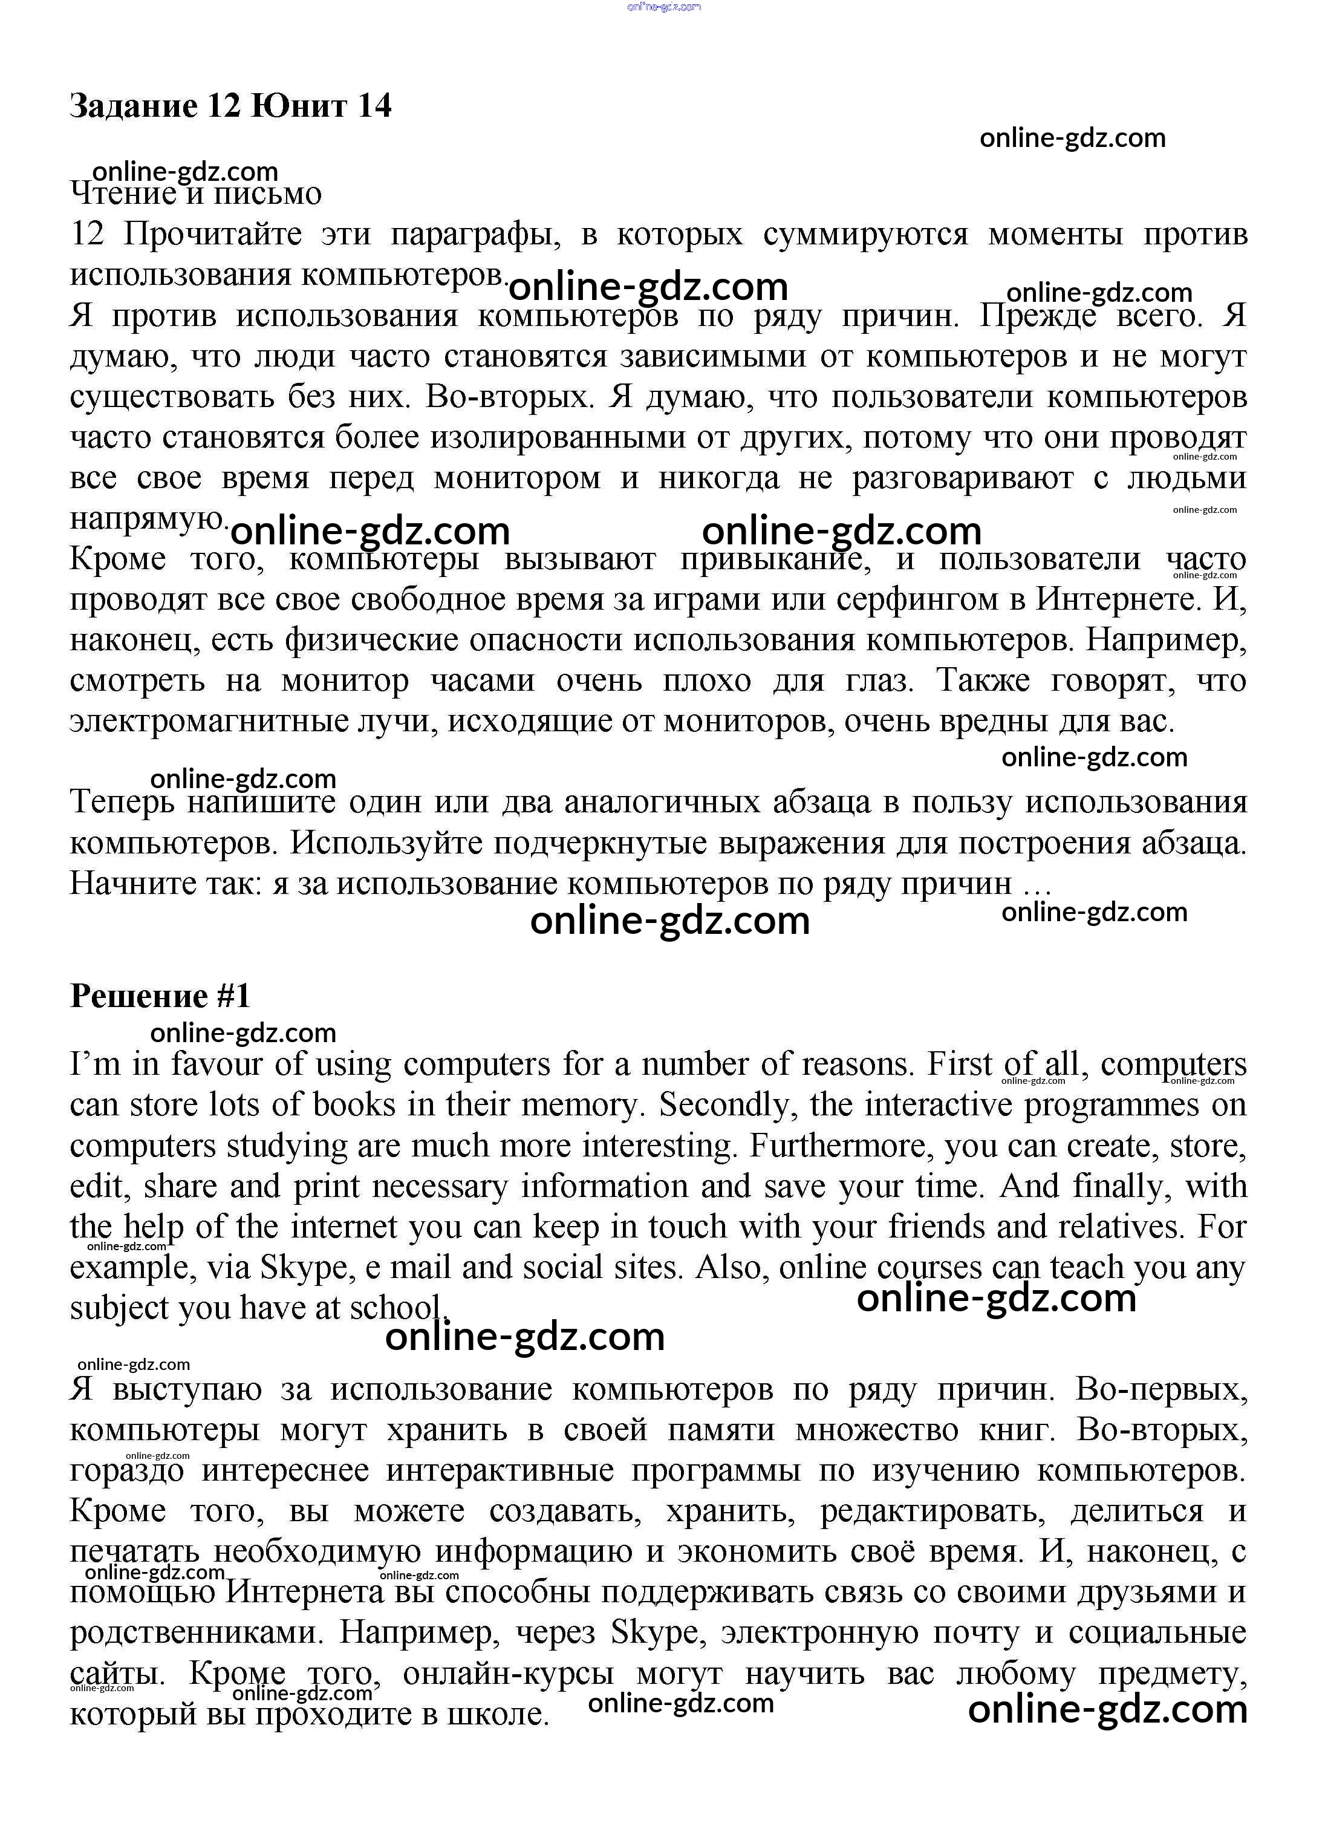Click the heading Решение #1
tap(160, 997)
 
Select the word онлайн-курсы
tap(508, 1674)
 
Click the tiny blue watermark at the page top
tap(663, 7)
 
